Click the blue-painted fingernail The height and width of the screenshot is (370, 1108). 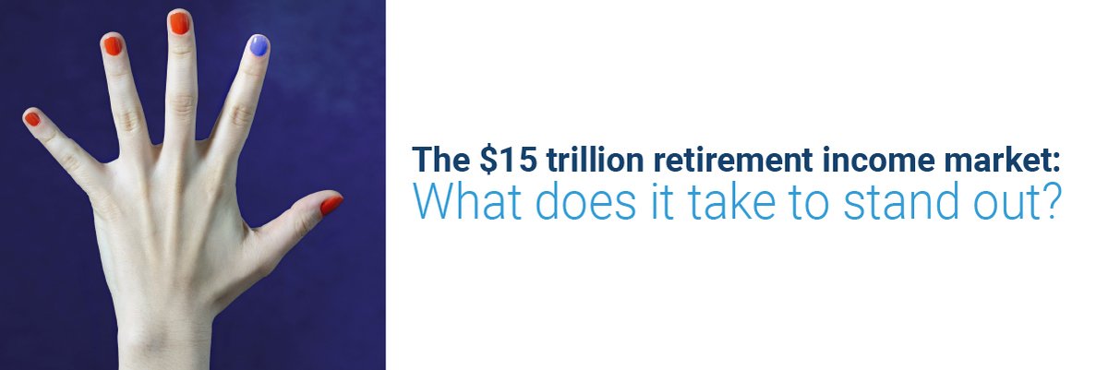(x=258, y=45)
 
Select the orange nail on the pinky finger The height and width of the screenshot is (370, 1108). (x=32, y=118)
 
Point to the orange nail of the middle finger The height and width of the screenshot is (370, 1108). (x=179, y=23)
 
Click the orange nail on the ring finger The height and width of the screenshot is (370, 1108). (x=112, y=45)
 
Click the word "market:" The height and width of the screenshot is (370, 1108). (x=1001, y=161)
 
